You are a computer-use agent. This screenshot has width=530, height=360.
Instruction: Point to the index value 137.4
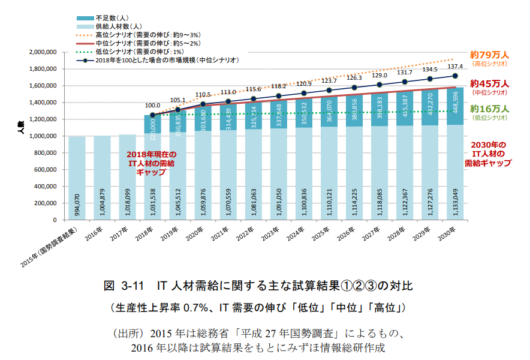coord(456,67)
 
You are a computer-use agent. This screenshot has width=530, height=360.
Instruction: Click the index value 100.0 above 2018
coord(153,104)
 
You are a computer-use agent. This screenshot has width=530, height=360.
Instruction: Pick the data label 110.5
coord(203,95)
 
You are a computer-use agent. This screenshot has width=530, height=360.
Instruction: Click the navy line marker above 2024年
coord(304,93)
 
